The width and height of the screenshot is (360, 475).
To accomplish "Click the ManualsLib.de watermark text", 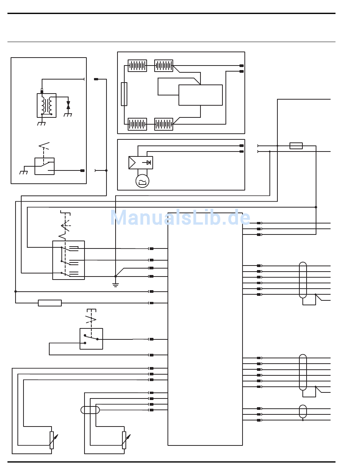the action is pyautogui.click(x=180, y=218).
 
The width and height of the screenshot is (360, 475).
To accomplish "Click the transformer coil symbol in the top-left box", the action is pyautogui.click(x=47, y=105).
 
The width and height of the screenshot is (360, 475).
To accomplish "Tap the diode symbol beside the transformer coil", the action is pyautogui.click(x=68, y=105).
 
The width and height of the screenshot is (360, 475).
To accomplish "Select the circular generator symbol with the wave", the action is pyautogui.click(x=142, y=181).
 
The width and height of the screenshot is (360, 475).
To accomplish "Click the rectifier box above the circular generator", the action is pyautogui.click(x=141, y=162).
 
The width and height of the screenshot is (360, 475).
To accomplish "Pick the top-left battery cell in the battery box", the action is pyautogui.click(x=137, y=66).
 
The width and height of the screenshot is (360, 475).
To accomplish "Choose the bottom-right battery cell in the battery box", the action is pyautogui.click(x=164, y=124).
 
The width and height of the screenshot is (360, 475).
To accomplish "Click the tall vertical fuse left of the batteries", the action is pyautogui.click(x=124, y=94).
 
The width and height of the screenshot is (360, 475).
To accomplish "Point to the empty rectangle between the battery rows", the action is pyautogui.click(x=200, y=95).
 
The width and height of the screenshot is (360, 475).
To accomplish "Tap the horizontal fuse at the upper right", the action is pyautogui.click(x=296, y=146).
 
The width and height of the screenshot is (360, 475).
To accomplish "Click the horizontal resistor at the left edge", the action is pyautogui.click(x=50, y=303).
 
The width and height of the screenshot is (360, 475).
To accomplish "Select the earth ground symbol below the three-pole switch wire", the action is pyautogui.click(x=116, y=284).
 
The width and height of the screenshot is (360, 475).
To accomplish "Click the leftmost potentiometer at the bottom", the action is pyautogui.click(x=52, y=440).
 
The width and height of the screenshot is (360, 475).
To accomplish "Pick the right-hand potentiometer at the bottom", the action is pyautogui.click(x=124, y=440).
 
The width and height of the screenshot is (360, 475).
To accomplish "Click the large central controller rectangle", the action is pyautogui.click(x=205, y=329).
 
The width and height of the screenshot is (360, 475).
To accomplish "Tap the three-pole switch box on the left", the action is pyautogui.click(x=69, y=260).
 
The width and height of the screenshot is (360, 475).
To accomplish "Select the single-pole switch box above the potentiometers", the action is pyautogui.click(x=91, y=339).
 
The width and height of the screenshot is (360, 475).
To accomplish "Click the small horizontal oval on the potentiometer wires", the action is pyautogui.click(x=90, y=410).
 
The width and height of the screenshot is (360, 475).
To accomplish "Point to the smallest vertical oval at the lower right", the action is pyautogui.click(x=303, y=411).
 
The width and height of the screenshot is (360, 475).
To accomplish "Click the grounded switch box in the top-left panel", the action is pyautogui.click(x=44, y=166).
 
